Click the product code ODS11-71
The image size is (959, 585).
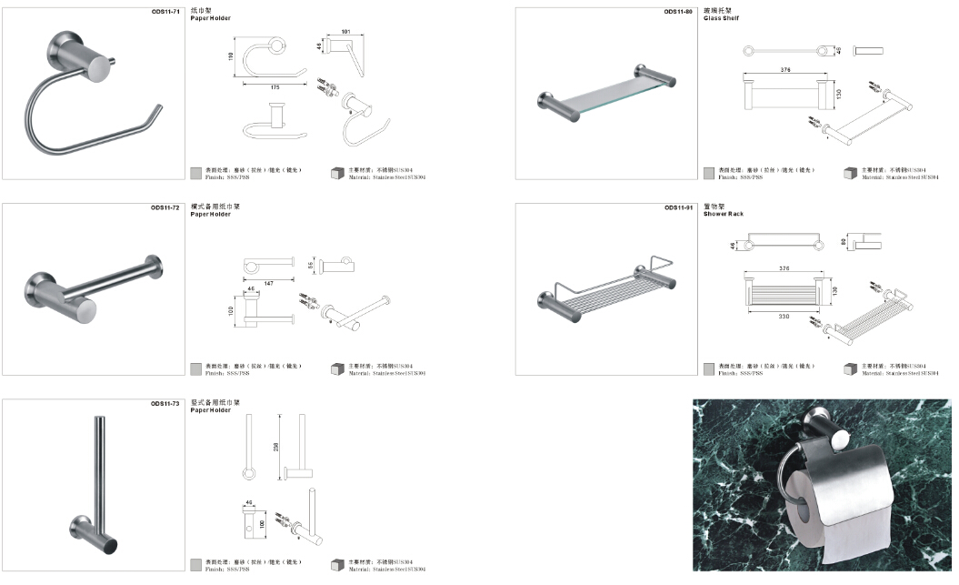[166, 12]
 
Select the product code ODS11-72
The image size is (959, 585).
[166, 207]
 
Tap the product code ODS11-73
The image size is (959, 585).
[166, 402]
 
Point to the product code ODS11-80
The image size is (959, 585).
[678, 12]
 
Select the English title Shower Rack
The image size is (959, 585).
[724, 214]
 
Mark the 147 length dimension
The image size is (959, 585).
[269, 284]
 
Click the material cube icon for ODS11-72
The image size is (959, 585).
[337, 369]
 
